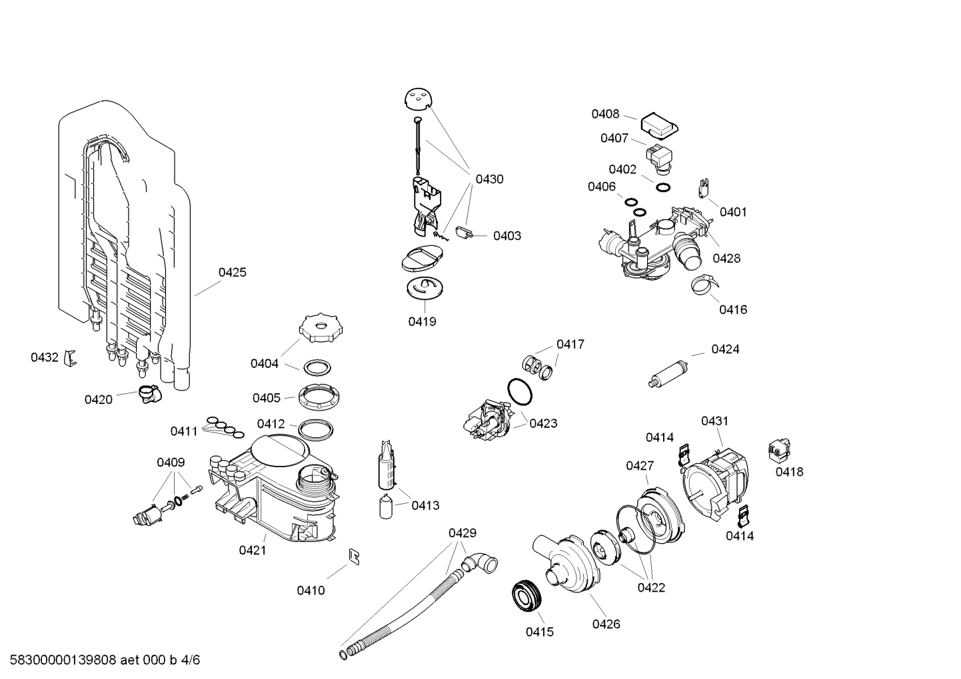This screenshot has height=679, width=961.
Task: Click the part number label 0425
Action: [232, 272]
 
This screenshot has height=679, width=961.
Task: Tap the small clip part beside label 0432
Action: [70, 358]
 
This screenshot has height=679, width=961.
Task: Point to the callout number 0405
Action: [266, 398]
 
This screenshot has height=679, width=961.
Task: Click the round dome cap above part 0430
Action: [418, 99]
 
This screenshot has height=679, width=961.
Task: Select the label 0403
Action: [506, 236]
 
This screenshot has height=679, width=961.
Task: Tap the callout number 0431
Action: [714, 421]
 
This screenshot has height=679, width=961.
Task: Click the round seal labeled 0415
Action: [526, 596]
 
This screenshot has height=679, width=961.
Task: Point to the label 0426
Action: [606, 624]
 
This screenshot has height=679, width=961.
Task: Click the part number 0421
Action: [253, 550]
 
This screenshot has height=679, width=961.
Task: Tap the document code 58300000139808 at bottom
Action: [59, 660]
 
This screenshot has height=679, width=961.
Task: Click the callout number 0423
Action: [543, 423]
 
